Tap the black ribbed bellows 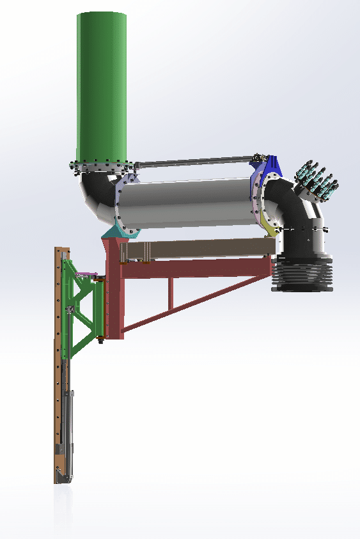(302, 275)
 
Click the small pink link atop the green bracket (84, 276)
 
